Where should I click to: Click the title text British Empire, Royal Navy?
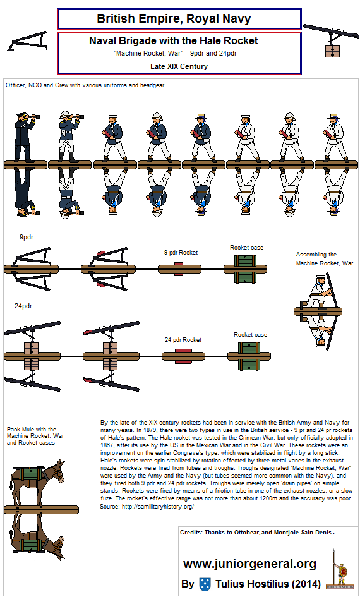tap(179, 19)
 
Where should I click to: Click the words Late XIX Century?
tap(179, 66)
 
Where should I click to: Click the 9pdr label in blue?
tap(27, 238)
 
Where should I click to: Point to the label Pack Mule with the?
tap(32, 430)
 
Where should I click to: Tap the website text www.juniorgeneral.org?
tap(249, 564)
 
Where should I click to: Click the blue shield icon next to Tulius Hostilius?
tap(205, 584)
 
